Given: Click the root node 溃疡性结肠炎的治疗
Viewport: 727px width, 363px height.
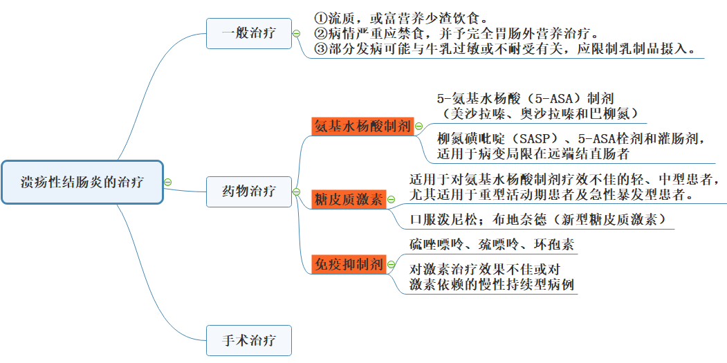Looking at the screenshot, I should (x=82, y=183).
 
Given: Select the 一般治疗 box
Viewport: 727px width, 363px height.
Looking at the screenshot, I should (x=248, y=33).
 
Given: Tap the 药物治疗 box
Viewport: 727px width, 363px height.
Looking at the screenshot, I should (x=248, y=191).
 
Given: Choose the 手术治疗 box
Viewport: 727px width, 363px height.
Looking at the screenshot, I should (x=248, y=340).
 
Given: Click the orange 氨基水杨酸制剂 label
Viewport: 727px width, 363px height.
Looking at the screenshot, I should (x=362, y=127).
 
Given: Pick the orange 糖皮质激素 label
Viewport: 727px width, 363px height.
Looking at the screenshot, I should (x=349, y=200).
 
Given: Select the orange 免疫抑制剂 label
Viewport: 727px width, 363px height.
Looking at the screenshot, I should (x=349, y=263).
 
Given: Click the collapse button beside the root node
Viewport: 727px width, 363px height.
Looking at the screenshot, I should (x=167, y=183).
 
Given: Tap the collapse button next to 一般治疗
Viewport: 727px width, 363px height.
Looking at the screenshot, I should (x=296, y=33).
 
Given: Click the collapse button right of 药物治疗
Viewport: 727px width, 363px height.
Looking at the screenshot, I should (x=296, y=192).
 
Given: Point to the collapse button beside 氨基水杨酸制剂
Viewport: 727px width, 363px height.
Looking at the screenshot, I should (x=418, y=127).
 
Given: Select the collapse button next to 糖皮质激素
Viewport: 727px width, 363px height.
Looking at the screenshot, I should (x=391, y=200).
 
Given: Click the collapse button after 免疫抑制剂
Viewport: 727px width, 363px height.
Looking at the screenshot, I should (x=391, y=263).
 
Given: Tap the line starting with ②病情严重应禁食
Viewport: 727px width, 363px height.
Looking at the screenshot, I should (x=457, y=33).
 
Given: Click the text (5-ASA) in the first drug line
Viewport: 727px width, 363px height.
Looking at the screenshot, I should (x=549, y=99).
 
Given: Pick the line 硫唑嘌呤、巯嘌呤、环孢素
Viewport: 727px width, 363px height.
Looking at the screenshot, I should (x=491, y=245).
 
